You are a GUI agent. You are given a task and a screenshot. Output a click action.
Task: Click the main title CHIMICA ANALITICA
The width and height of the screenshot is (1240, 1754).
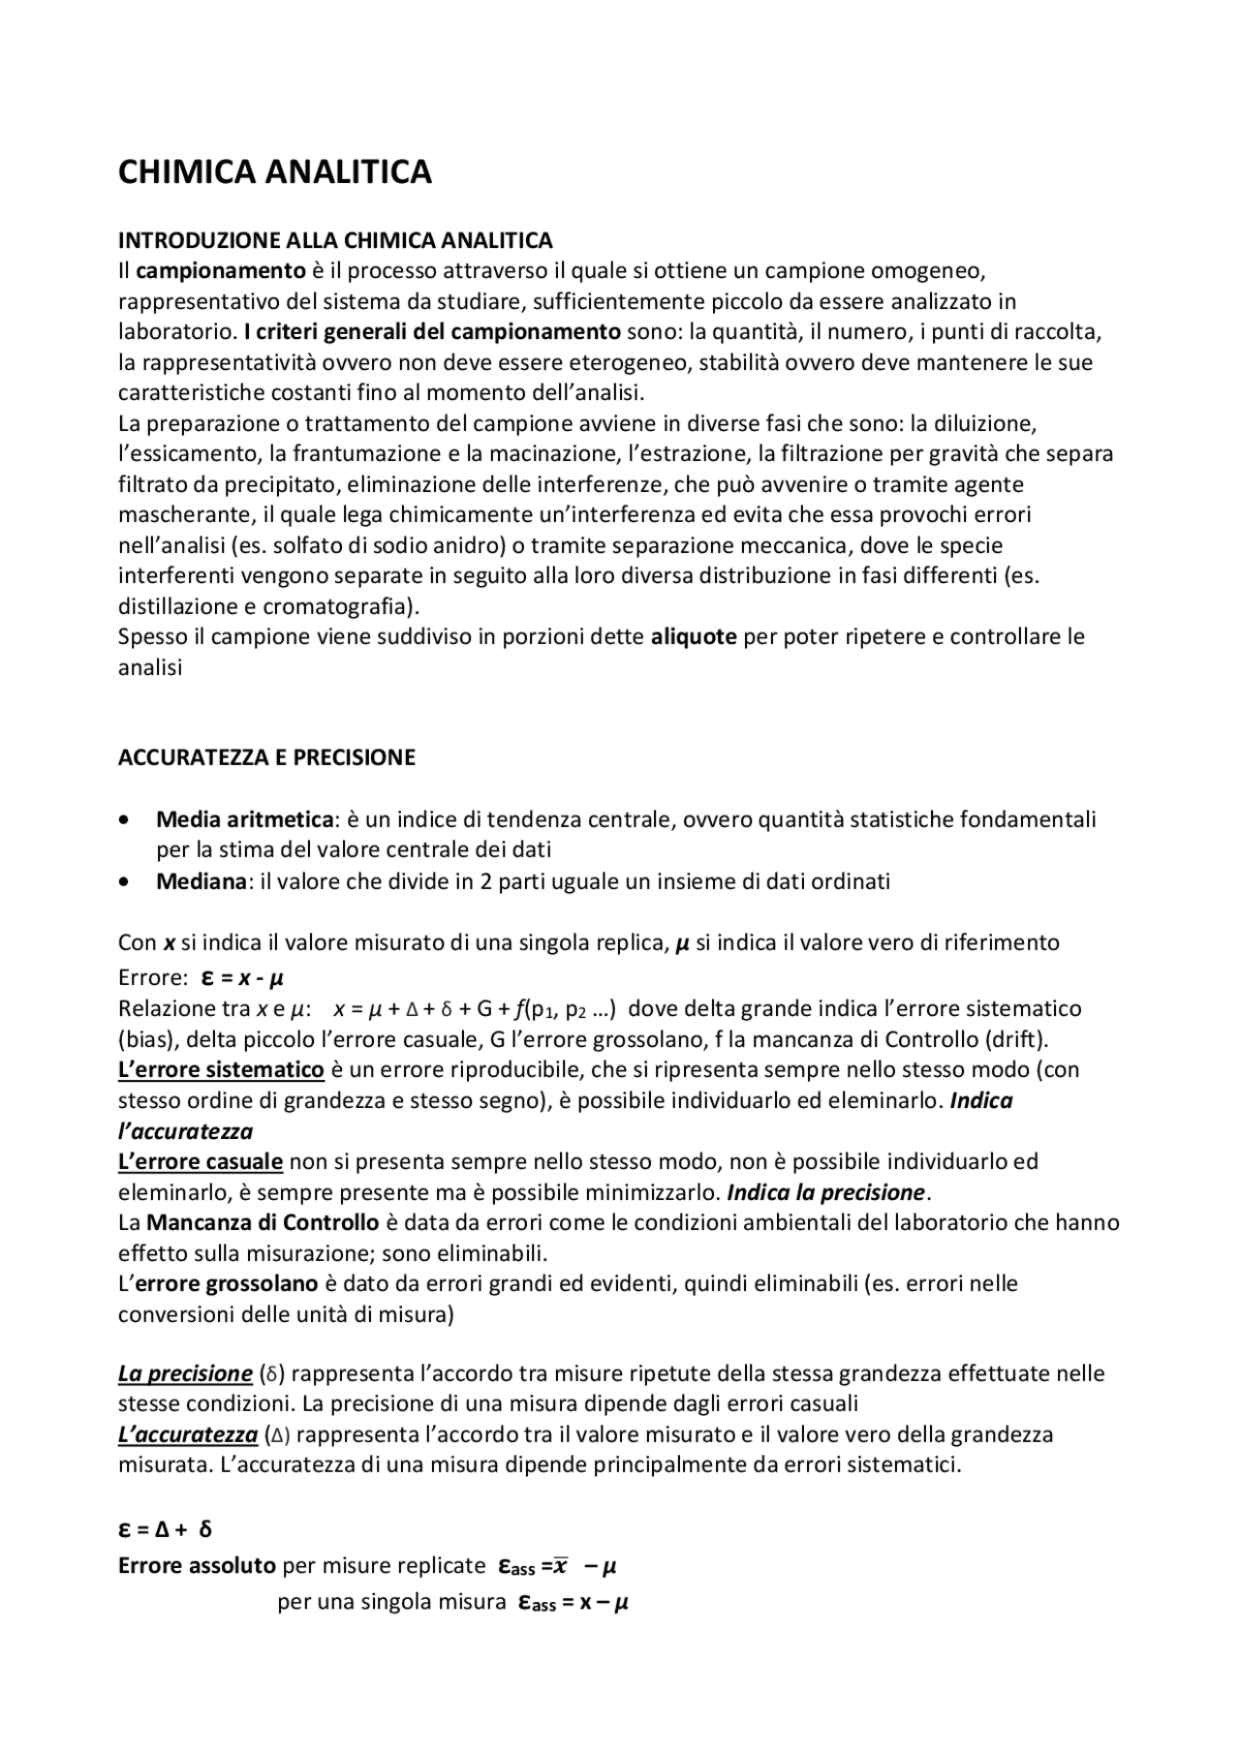pos(274,172)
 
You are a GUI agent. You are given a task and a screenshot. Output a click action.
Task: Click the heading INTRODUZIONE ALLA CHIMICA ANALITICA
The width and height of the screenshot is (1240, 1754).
pos(335,239)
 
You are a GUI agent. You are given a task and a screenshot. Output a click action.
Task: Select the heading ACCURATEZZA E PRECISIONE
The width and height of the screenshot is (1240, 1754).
pos(266,757)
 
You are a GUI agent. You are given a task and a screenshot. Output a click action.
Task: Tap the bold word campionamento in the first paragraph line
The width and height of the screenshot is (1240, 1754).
pos(221,270)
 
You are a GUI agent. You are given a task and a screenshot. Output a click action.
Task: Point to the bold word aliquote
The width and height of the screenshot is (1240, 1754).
pos(694,637)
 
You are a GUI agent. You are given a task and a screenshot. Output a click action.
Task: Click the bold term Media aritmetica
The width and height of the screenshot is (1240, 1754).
pos(244,819)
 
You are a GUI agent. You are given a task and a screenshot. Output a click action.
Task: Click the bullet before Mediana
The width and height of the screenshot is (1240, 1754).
pos(123,882)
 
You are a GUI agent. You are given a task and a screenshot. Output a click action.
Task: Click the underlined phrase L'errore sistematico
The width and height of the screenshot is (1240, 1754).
pos(221,1069)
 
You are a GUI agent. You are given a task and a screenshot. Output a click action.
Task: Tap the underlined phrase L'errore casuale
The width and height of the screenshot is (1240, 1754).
pos(201,1161)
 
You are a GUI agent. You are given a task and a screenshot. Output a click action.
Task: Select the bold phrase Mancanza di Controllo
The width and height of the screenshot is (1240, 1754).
pos(263,1222)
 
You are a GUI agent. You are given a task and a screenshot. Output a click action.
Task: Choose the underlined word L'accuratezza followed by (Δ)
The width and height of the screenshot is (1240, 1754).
pos(188,1434)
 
